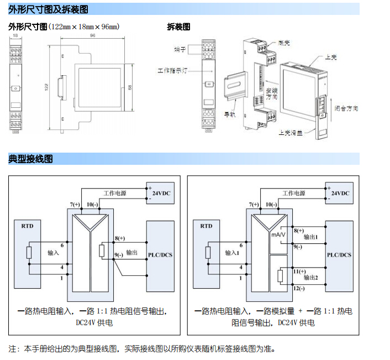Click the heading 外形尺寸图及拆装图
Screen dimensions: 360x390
coord(48,9)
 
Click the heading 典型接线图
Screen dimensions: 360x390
coord(31,159)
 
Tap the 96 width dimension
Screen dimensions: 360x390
coord(92,36)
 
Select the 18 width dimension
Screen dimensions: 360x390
coord(15,36)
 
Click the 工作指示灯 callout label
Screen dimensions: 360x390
coord(173,71)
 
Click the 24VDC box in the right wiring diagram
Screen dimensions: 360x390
coord(339,193)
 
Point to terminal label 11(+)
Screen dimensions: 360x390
coord(299,272)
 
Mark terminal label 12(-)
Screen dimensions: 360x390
coord(299,289)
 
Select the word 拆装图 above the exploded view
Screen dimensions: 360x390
coord(178,26)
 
